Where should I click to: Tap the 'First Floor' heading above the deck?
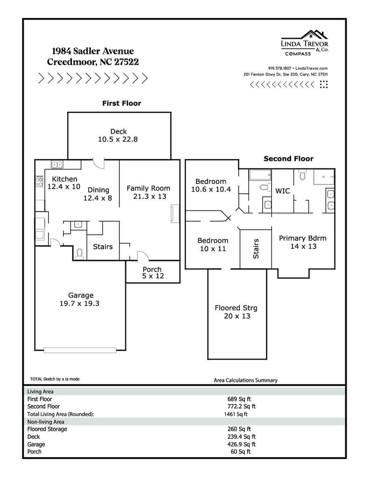pos(122,103)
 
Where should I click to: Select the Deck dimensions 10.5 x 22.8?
pos(118,139)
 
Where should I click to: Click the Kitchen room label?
pos(64,179)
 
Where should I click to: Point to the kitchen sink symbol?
pos(57,164)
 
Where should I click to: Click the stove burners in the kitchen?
pos(39,181)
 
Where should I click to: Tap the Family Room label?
pos(148,189)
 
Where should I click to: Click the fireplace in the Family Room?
pos(175,213)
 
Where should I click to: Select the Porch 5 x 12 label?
pos(153,273)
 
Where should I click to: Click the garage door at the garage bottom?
pos(80,350)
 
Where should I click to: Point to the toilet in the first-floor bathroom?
pos(80,253)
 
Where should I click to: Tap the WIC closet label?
pos(282,191)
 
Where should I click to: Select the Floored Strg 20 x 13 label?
pos(236,312)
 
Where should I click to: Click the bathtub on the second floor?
pos(260,175)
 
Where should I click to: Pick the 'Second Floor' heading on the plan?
pos(289,159)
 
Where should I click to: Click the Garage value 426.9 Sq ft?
pos(242,444)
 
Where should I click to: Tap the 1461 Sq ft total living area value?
pos(236,414)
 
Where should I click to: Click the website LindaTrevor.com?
pos(312,68)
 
